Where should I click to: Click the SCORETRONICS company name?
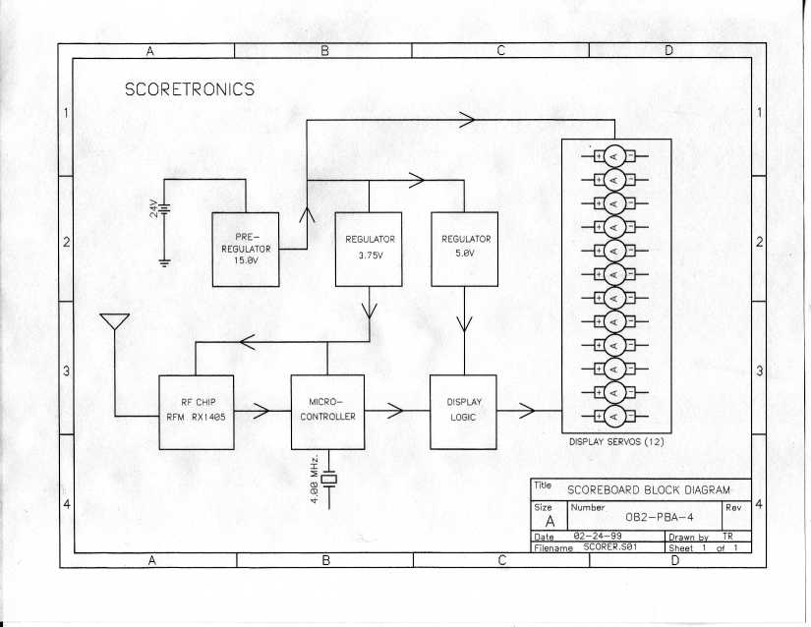[190, 89]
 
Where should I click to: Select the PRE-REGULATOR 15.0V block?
[246, 249]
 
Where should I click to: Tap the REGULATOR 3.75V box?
[370, 249]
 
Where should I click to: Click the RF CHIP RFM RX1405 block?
[195, 412]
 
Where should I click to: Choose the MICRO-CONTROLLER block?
[327, 412]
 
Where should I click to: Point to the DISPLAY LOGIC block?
[463, 412]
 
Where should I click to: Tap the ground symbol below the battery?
[164, 261]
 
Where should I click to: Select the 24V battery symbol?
[165, 208]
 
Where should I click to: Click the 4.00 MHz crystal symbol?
[328, 479]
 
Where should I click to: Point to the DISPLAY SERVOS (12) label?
[615, 441]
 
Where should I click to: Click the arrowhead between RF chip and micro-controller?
[261, 411]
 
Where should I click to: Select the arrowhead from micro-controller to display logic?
[395, 411]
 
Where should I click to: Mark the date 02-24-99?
[594, 537]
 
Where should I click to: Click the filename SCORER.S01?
[614, 547]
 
